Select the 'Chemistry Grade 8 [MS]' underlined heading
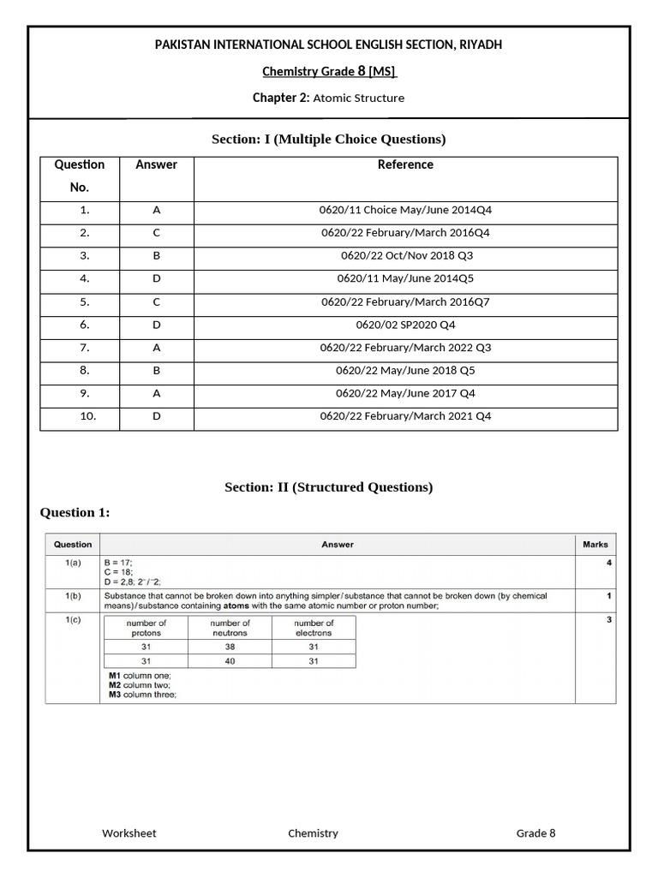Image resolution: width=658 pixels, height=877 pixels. coord(329,71)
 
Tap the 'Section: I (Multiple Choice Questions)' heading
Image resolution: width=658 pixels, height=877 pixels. coord(329,139)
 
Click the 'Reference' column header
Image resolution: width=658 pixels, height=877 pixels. coord(405,164)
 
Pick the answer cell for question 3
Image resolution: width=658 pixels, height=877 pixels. coord(156,255)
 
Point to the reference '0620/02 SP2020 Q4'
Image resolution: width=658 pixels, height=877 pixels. coord(405,325)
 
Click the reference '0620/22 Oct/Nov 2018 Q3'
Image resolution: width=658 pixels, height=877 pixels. coord(405,255)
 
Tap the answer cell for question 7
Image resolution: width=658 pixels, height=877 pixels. coord(156,348)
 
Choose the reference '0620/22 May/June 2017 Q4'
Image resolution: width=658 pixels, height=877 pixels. coord(405,393)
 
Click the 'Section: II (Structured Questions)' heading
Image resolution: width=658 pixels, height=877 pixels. coord(329,487)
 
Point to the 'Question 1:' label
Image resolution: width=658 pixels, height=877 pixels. coord(75,512)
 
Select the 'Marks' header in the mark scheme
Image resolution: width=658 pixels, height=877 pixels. coord(595,544)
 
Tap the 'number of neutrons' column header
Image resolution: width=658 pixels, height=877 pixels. coord(230,629)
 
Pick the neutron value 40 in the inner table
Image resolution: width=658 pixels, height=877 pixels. coord(230,661)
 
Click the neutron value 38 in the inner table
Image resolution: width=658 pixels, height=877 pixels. coord(230,647)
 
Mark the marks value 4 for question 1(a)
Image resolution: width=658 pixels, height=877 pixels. coord(609,563)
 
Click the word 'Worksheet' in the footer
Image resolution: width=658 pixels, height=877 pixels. coord(129,832)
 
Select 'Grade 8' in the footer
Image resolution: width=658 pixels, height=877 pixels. coord(535,832)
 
